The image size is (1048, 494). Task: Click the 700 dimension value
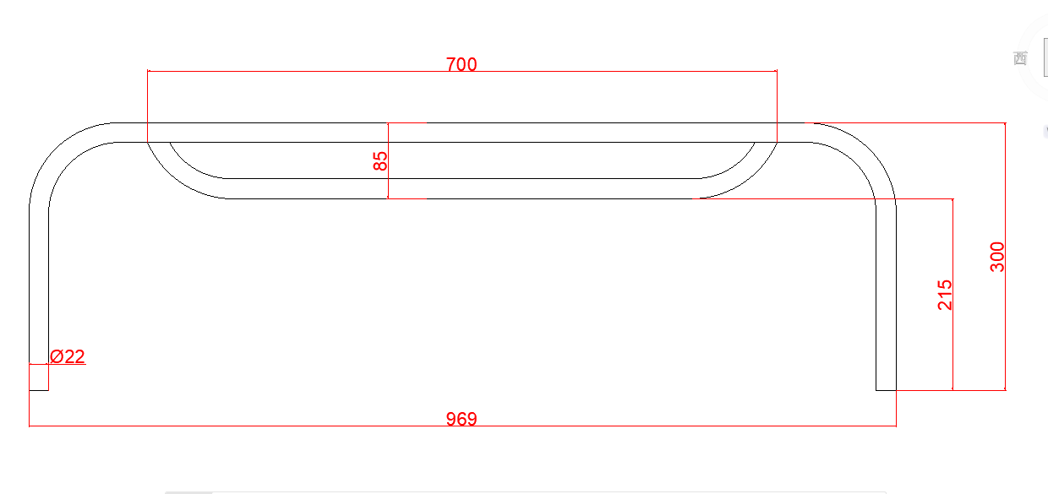461,64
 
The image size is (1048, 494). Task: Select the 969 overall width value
461,418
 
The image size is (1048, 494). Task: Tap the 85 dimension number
381,160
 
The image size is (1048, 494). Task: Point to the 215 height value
945,295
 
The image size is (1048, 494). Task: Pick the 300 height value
997,257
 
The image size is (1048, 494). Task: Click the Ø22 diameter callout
68,356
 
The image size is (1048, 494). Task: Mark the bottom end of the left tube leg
39,389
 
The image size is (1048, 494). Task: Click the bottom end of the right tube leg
886,389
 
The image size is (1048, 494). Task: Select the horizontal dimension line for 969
254,426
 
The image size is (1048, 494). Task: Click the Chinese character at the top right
1019,58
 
